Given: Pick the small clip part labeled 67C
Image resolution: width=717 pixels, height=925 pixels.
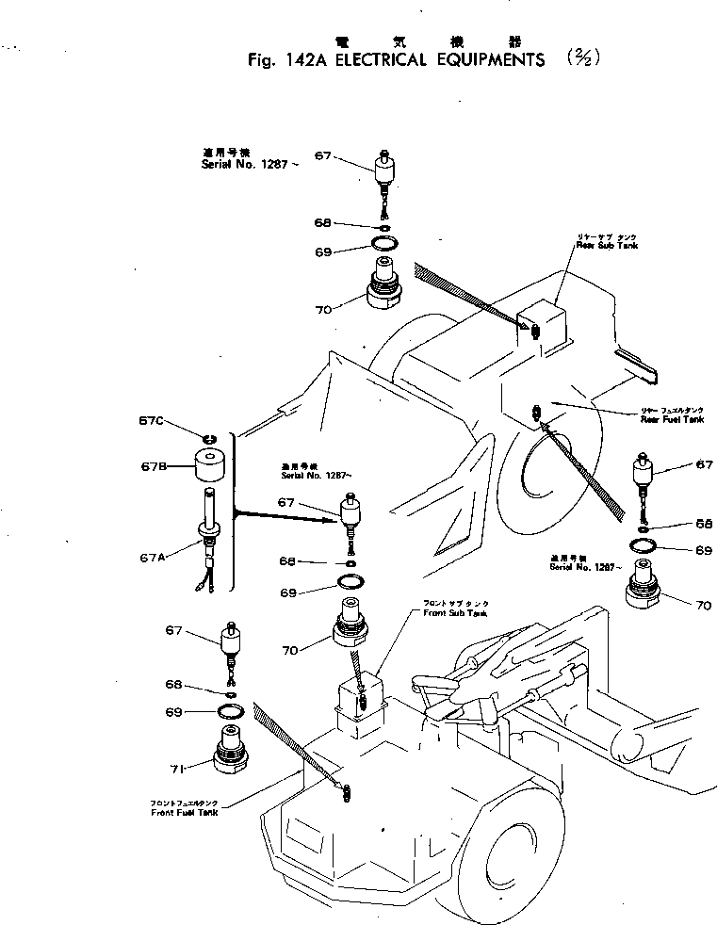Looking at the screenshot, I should [211, 434].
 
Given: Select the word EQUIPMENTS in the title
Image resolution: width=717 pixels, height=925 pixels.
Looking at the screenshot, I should [484, 59].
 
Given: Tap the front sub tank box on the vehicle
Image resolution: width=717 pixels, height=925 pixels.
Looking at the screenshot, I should [360, 702].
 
